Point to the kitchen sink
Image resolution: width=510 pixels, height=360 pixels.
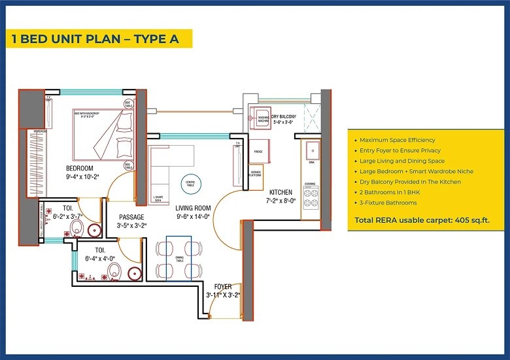(x=311, y=150)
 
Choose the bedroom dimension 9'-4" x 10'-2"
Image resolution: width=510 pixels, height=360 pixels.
(x=82, y=176)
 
